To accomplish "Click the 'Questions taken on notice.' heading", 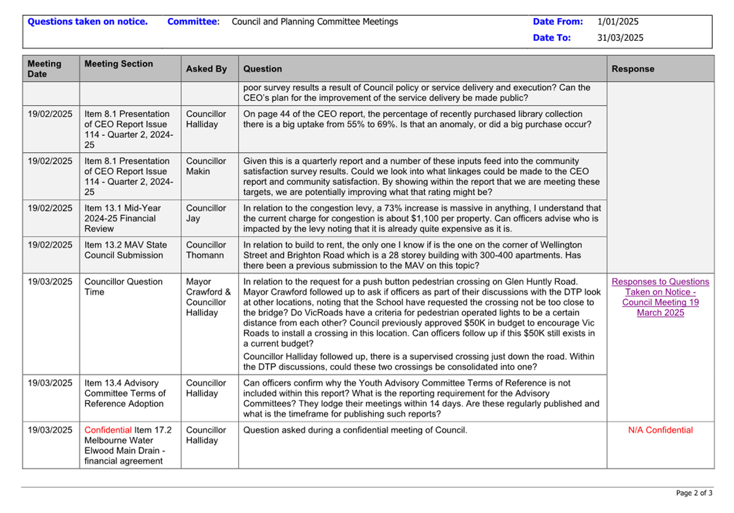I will click(87, 22).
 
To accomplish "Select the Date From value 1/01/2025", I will click(617, 22).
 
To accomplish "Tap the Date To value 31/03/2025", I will click(620, 38).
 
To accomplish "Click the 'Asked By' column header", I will click(206, 69).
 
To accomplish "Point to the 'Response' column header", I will click(633, 69).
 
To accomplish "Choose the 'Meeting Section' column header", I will click(118, 64).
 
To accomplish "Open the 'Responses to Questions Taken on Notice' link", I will click(660, 297).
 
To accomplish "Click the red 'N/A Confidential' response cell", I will click(660, 430).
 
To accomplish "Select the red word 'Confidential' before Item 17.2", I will click(108, 430).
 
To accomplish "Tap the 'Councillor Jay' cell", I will click(205, 213).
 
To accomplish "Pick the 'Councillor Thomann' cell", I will click(205, 250).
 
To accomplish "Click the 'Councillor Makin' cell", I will click(205, 166).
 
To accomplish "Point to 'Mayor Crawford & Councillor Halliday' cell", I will click(208, 297).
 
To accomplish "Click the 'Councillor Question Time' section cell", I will click(123, 287).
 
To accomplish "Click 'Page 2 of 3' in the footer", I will click(694, 493).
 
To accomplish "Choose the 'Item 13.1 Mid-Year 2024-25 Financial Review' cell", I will click(122, 218).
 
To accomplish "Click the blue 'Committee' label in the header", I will click(192, 22).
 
